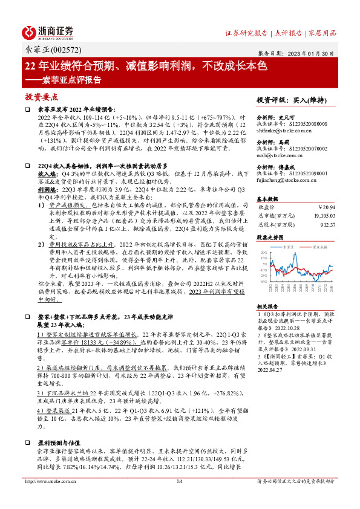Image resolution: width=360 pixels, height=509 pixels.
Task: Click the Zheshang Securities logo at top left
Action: tap(49, 31)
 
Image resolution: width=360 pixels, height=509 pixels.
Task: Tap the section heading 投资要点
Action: tap(41, 97)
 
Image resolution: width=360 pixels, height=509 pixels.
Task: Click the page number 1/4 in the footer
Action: tap(180, 498)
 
